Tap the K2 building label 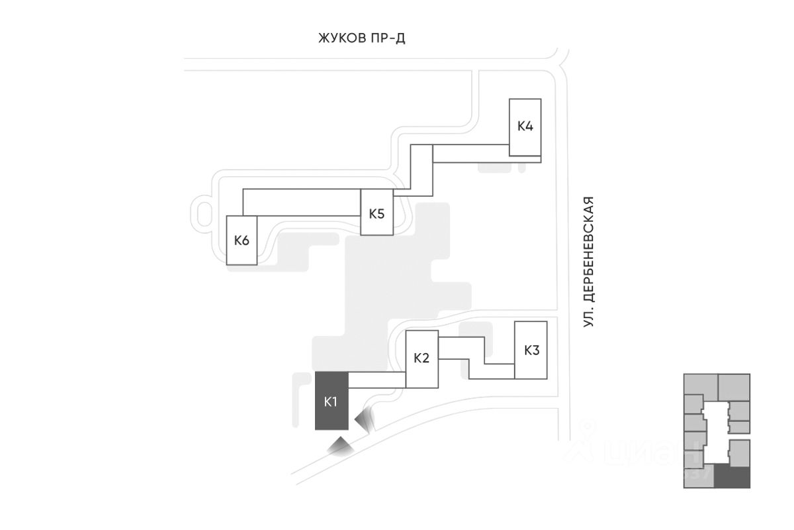421,358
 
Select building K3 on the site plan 531,350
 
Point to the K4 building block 525,127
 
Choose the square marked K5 376,213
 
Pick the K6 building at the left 242,240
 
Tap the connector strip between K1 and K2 376,380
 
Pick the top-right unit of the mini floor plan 734,387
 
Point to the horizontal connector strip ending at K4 470,154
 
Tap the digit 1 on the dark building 335,401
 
